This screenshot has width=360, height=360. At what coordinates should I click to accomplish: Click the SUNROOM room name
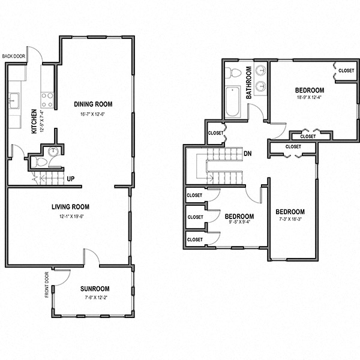coord(95,289)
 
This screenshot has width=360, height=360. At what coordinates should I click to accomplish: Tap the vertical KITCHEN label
coord(34,121)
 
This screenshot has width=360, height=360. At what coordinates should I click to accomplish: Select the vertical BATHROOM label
coord(247,81)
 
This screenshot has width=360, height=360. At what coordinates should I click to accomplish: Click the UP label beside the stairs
coord(71,179)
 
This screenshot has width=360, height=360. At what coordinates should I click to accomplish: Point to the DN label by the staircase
coord(248,154)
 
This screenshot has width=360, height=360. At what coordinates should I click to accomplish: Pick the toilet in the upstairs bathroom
coord(233,73)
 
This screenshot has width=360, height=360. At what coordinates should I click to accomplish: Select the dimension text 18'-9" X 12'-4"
coord(310,98)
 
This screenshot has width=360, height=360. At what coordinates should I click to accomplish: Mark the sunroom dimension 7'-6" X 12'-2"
coord(95,297)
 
